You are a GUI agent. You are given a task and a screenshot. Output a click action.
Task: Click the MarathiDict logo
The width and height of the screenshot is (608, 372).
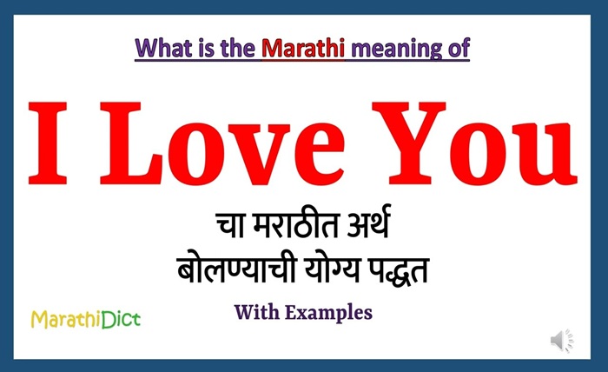tap(85, 320)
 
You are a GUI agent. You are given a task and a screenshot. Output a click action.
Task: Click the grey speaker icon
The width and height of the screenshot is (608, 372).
tap(562, 338)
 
